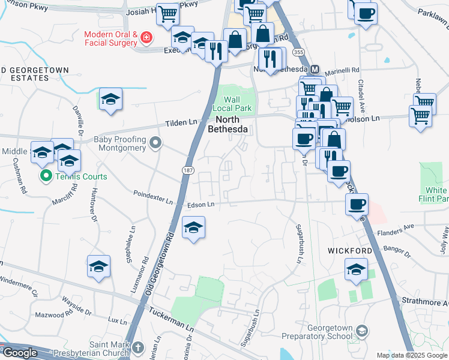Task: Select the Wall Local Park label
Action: pos(232,105)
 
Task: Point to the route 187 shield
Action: pos(187,170)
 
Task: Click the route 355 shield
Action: pos(298,53)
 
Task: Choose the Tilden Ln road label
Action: pos(181,122)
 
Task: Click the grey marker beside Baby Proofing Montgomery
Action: pos(156,143)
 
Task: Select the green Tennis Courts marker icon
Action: pos(44,176)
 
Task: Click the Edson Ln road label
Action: pos(200,205)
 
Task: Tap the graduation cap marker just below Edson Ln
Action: pos(193,228)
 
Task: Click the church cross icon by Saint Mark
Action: pos(138,347)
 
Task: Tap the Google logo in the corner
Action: pos(20,353)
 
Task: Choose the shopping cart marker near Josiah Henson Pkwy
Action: pos(168,13)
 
